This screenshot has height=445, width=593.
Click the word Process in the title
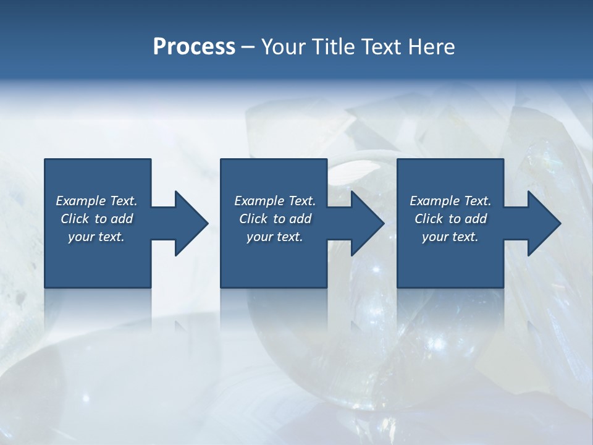point(194,47)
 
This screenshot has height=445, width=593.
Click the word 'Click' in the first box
point(75,219)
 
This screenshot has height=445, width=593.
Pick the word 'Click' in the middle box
point(253,219)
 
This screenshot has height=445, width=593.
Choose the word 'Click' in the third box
point(429,219)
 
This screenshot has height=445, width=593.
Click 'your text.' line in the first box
point(96,237)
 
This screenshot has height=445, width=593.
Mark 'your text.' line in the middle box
point(275,237)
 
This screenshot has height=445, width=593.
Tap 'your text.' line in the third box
point(450,237)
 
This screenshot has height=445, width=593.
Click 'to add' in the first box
point(114,219)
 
